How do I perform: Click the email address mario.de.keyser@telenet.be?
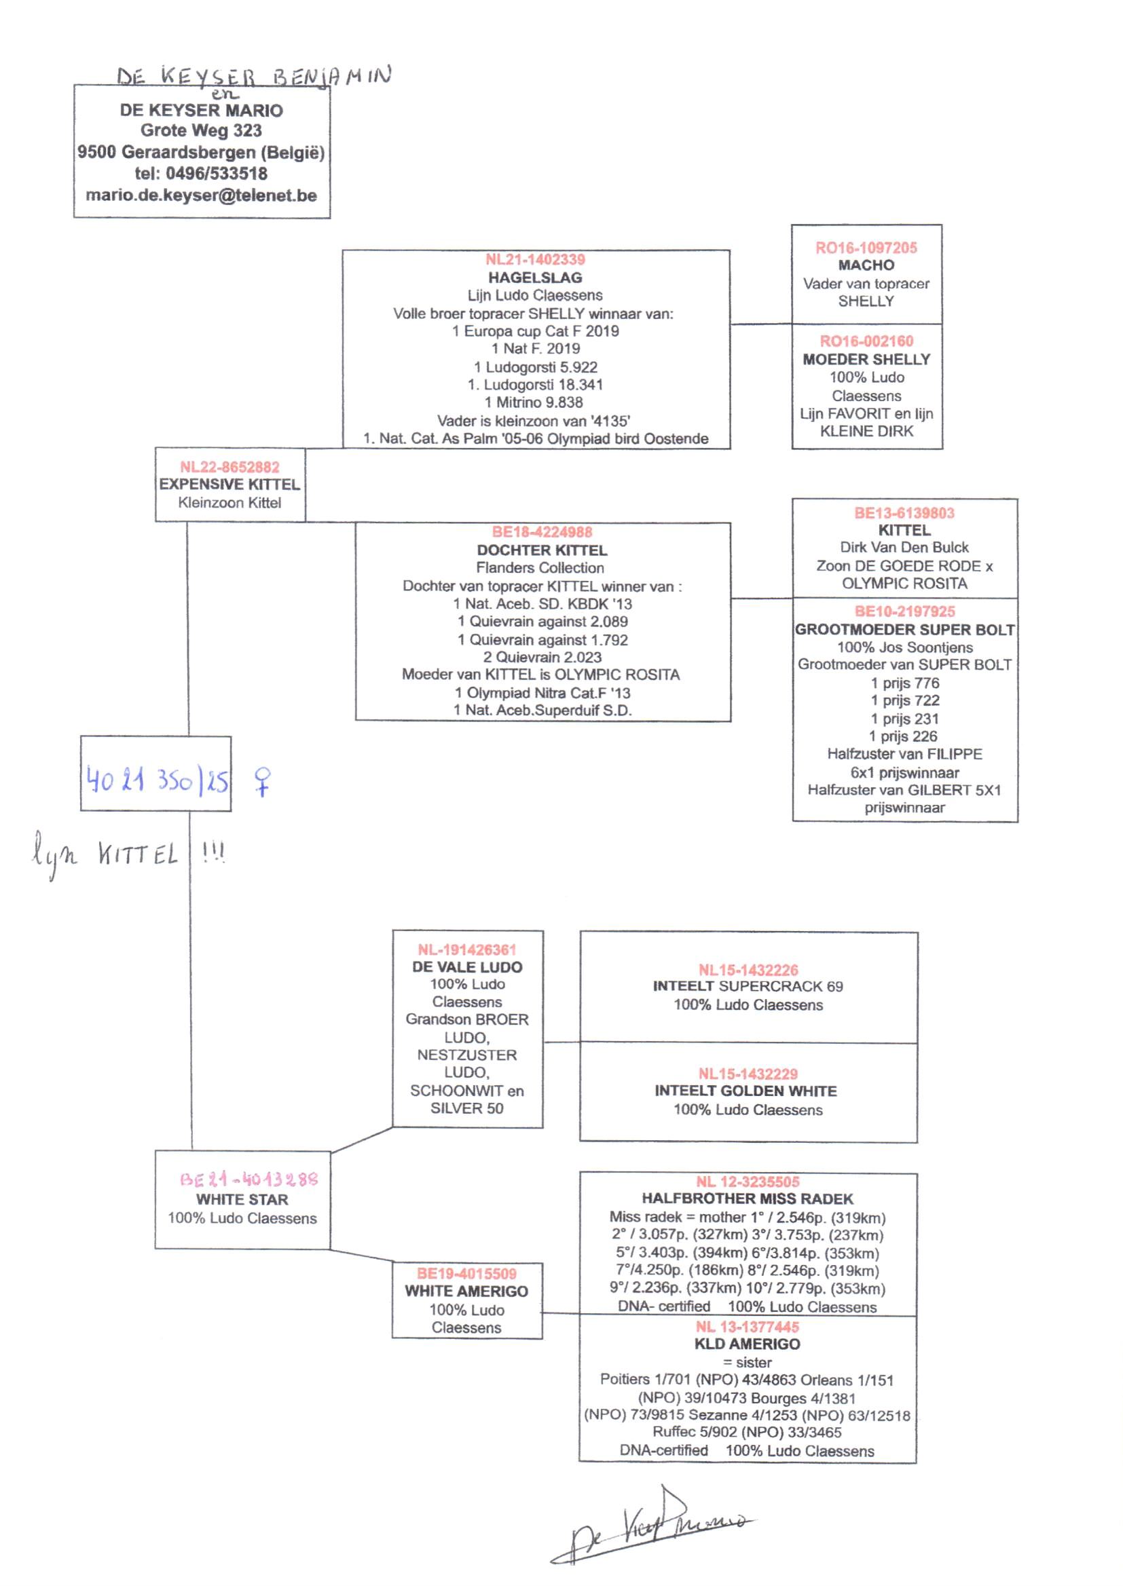click(201, 195)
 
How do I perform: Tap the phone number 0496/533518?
click(217, 174)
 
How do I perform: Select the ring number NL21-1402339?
click(535, 260)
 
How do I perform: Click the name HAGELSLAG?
click(535, 278)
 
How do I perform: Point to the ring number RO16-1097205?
click(866, 248)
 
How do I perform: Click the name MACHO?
click(866, 265)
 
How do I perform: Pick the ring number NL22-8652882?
click(229, 467)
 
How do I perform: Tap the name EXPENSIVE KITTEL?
click(229, 485)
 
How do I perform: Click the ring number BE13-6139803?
click(904, 513)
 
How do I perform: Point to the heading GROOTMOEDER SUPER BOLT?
click(904, 630)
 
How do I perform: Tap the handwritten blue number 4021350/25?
click(157, 780)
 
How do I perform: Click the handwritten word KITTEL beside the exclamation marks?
click(138, 856)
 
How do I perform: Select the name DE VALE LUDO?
click(466, 967)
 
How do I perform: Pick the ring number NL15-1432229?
click(748, 1074)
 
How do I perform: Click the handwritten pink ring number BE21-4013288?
click(249, 1179)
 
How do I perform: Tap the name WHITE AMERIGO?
click(466, 1291)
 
